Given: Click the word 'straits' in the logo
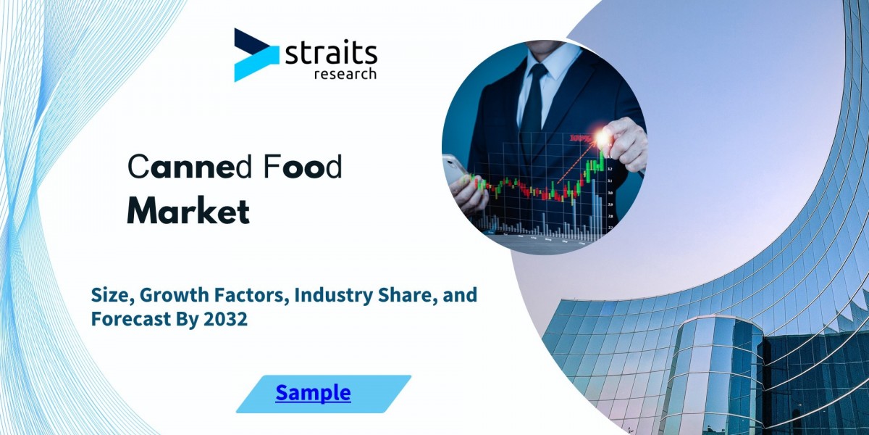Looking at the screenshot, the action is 331,54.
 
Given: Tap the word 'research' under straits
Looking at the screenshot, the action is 345,73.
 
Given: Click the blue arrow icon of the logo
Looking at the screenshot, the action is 256,55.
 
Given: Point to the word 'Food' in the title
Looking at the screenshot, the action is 303,166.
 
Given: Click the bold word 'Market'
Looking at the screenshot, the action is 188,212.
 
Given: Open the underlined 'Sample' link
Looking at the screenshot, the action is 313,392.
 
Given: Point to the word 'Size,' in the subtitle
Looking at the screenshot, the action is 113,296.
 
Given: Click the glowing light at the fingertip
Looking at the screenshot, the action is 603,138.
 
